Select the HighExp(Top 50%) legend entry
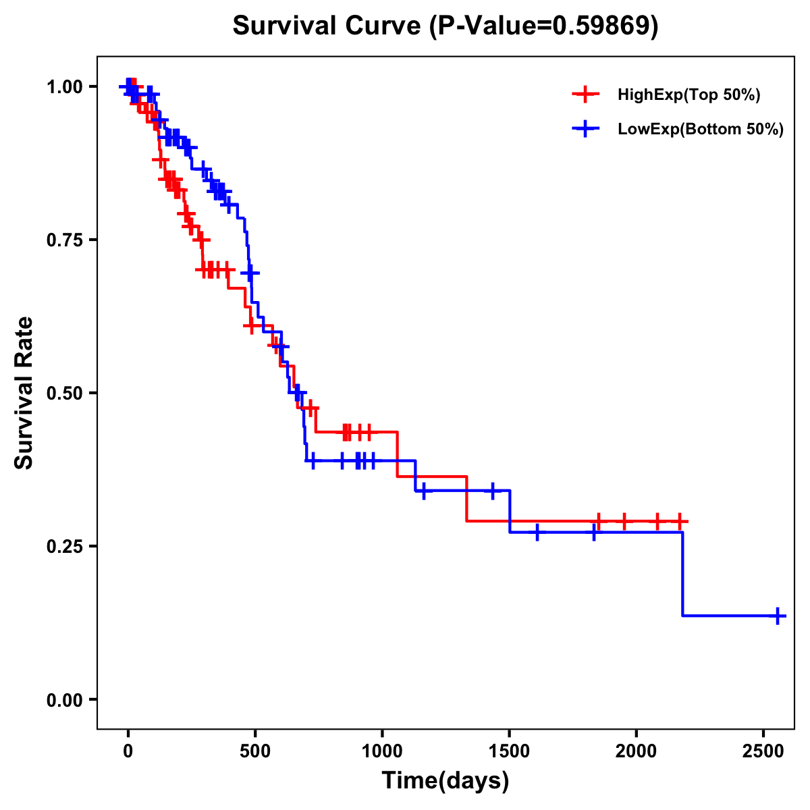coord(688,94)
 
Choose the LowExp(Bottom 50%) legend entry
coord(700,130)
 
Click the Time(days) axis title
coord(446,781)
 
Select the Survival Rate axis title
coord(24,393)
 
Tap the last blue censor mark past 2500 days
coord(778,616)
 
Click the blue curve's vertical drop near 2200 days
coord(682,574)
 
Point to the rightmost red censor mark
coord(680,521)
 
